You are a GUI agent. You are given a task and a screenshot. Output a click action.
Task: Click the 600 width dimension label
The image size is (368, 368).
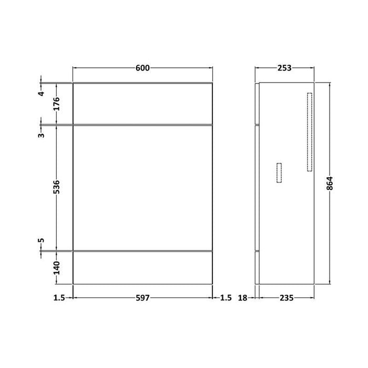point(143,67)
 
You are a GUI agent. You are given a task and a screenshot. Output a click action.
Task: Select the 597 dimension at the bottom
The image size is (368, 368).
point(143,298)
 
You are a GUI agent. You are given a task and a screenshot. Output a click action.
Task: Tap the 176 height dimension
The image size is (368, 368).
point(56,104)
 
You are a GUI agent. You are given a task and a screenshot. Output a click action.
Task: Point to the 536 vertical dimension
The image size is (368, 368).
point(56,187)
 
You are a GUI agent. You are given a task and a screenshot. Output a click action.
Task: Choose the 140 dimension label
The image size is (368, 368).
point(56,268)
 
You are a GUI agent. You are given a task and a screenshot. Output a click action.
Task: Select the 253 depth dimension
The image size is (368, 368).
point(284,67)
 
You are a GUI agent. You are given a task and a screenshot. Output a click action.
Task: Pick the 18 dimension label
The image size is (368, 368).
point(243,298)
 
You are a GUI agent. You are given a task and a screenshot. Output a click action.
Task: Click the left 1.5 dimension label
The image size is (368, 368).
point(59,298)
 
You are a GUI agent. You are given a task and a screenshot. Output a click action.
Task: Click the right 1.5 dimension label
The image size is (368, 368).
point(226,298)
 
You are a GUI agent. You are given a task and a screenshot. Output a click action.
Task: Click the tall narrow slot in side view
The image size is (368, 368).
point(309,132)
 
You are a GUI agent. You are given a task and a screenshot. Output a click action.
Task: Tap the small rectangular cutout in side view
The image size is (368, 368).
point(279,172)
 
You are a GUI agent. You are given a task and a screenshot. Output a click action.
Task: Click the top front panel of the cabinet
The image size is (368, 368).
point(142,104)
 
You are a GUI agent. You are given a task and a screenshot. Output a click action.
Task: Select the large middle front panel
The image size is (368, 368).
point(142,187)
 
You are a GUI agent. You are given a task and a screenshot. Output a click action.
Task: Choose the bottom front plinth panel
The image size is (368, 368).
point(142,268)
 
